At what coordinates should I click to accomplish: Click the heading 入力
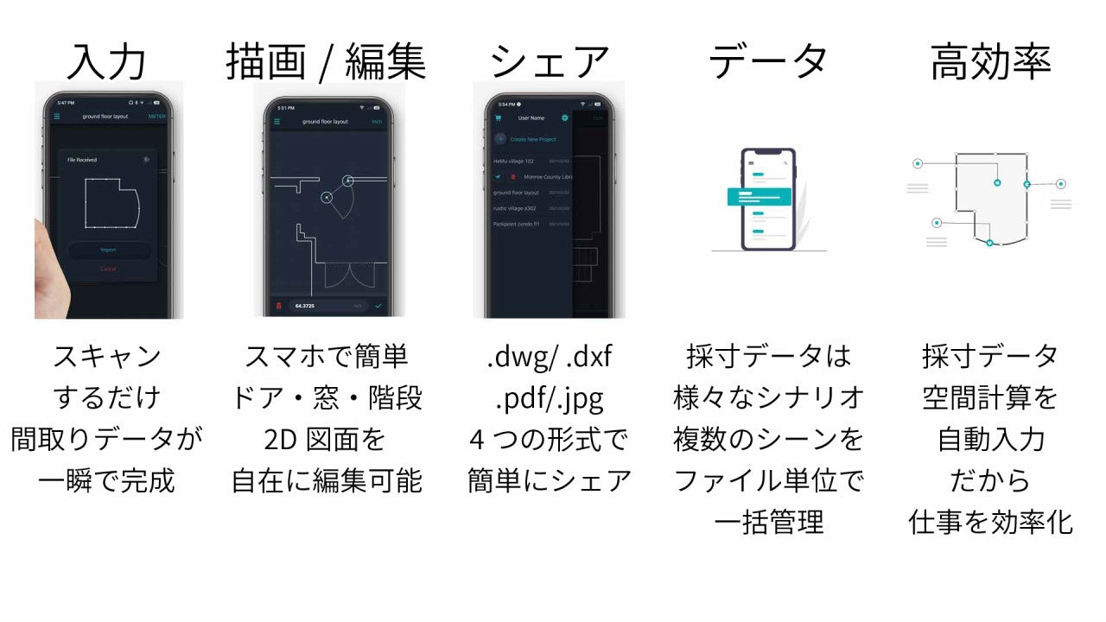click(x=107, y=61)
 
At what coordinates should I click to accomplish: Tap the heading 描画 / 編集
click(x=326, y=61)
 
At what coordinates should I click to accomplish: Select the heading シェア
click(x=550, y=61)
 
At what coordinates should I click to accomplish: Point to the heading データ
click(x=768, y=61)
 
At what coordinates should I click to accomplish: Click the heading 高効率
click(x=990, y=61)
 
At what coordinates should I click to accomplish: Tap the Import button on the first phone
click(x=109, y=251)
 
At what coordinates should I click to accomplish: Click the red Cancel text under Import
click(x=108, y=270)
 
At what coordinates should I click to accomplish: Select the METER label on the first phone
click(x=156, y=116)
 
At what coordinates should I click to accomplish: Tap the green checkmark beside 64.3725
click(x=378, y=306)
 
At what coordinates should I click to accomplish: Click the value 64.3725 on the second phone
click(x=304, y=306)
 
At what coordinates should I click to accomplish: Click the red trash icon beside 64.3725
click(x=278, y=306)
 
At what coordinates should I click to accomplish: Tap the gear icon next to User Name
click(x=565, y=117)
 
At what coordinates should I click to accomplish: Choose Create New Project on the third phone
click(x=532, y=139)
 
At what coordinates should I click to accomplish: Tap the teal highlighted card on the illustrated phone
click(x=760, y=197)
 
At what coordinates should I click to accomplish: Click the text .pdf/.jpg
click(x=549, y=398)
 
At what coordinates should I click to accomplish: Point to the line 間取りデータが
click(x=107, y=440)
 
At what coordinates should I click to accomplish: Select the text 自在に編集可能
click(x=326, y=481)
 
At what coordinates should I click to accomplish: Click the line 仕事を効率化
click(x=990, y=523)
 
